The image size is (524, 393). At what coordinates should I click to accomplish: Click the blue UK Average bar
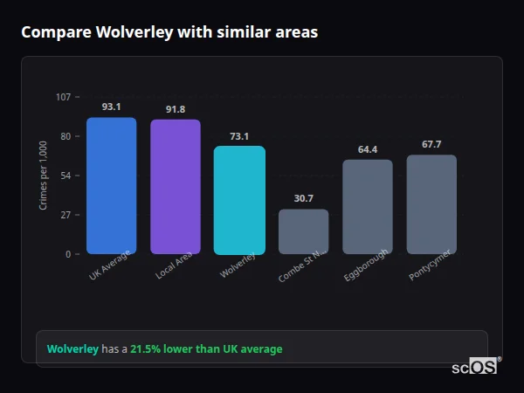(x=111, y=186)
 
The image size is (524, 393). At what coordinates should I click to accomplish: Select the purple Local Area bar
(x=176, y=187)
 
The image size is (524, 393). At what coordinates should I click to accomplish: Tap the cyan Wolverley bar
(x=239, y=200)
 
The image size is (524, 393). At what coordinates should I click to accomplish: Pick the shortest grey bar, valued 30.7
(x=303, y=231)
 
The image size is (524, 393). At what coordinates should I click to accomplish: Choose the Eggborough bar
(x=368, y=207)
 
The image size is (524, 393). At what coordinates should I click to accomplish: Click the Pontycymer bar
(x=431, y=204)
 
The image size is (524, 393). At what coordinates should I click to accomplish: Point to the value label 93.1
(x=111, y=107)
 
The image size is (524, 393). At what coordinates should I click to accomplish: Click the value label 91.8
(x=176, y=109)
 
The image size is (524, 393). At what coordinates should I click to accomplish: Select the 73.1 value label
(x=239, y=135)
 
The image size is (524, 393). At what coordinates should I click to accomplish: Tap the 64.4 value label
(x=368, y=149)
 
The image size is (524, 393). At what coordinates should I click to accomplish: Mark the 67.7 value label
(x=431, y=144)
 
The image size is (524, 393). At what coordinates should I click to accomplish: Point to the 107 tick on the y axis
(x=63, y=97)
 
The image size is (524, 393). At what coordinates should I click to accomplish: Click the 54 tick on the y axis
(x=65, y=176)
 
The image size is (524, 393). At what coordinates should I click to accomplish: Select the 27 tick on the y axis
(x=65, y=215)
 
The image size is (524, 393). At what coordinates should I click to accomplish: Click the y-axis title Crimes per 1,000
(x=44, y=176)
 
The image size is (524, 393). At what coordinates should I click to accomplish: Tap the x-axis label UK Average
(x=110, y=266)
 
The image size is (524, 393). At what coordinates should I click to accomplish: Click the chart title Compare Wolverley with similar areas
(x=169, y=32)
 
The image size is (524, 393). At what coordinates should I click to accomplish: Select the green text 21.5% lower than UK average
(x=206, y=349)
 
